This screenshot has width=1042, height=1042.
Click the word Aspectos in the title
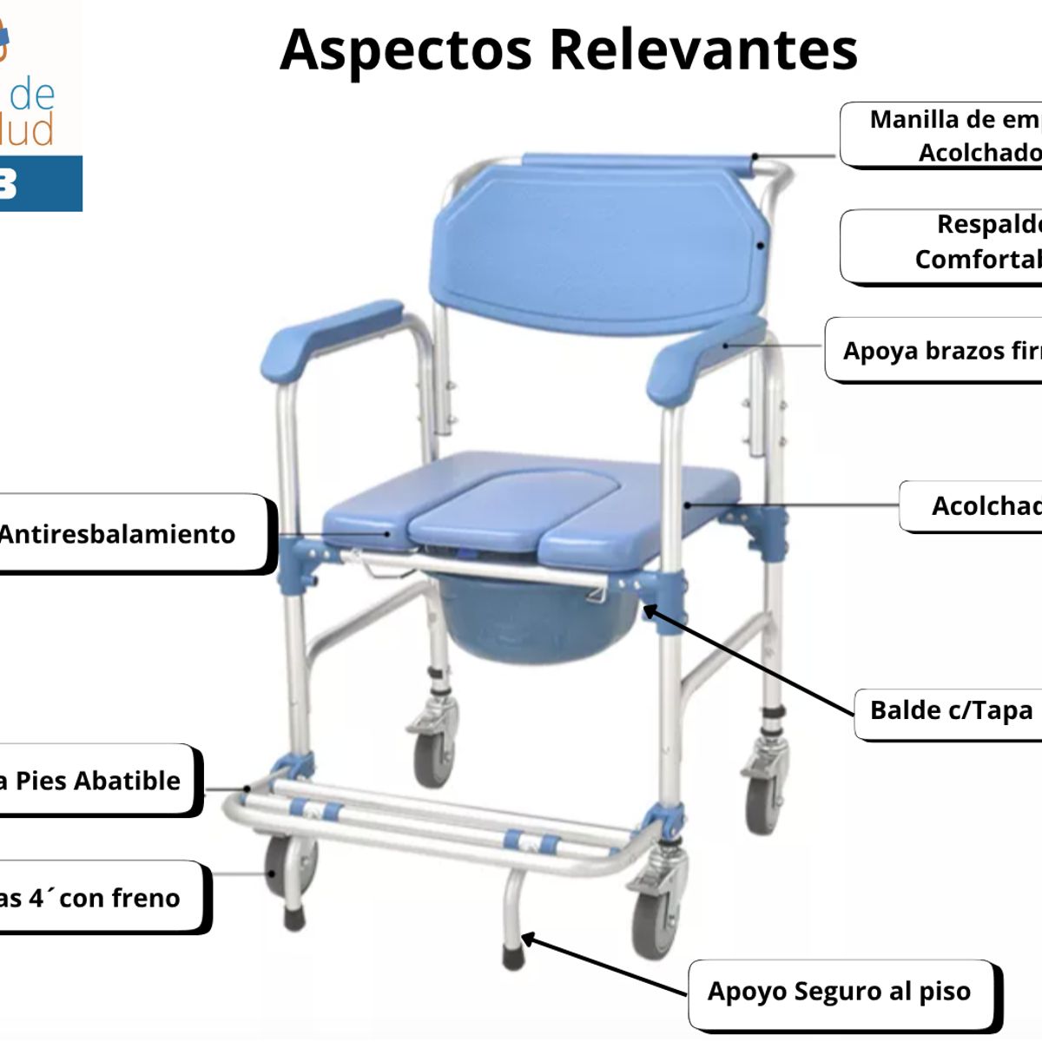406,49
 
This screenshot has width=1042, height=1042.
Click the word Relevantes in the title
703,49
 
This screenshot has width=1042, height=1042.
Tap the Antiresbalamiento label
117,534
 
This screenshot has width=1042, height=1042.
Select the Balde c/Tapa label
951,710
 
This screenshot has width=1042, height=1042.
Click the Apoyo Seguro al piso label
839,991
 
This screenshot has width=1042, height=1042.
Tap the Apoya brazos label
941,351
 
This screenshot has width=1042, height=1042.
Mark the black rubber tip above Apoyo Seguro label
512,957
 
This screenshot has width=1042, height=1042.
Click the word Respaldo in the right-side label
988,224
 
